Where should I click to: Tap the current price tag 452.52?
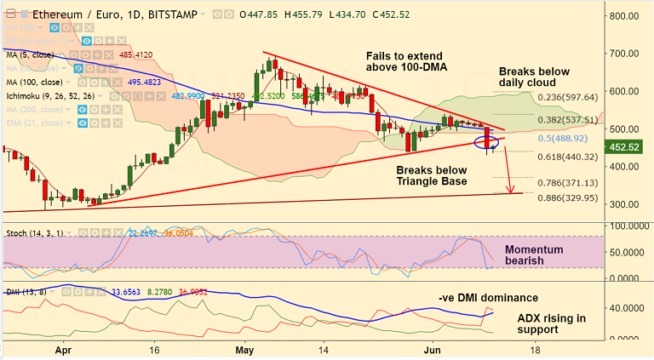pyautogui.click(x=630, y=146)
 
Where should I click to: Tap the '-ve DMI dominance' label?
pyautogui.click(x=488, y=297)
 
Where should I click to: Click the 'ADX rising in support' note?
pyautogui.click(x=552, y=323)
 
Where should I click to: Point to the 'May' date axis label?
pyautogui.click(x=245, y=350)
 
